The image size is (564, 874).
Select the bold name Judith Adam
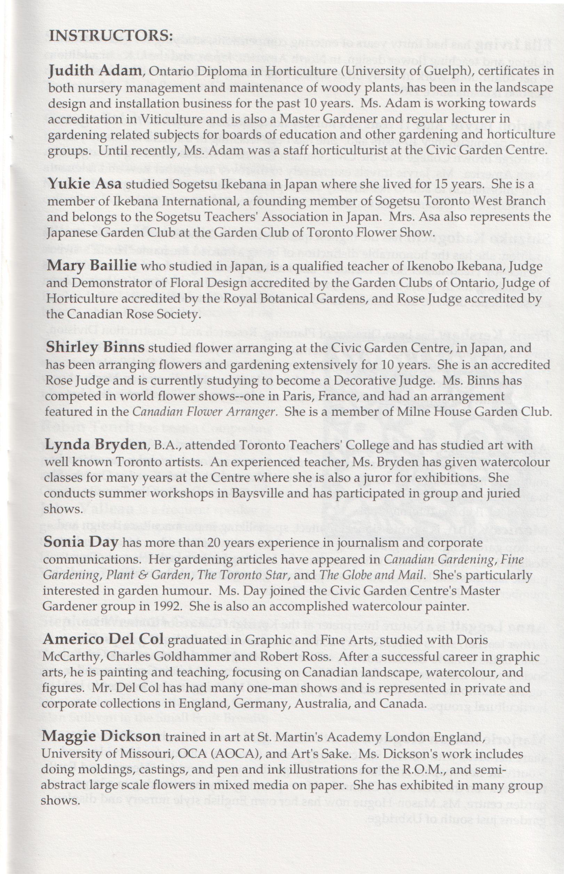click(x=95, y=70)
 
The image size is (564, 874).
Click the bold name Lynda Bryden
click(x=95, y=445)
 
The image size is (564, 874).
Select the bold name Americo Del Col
click(x=103, y=639)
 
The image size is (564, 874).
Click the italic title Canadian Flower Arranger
click(x=204, y=412)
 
